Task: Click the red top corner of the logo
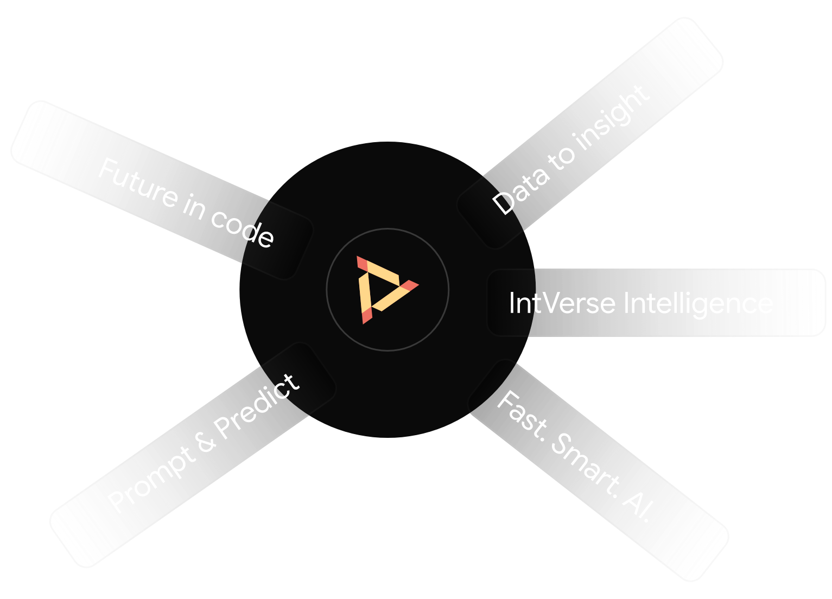point(363,263)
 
